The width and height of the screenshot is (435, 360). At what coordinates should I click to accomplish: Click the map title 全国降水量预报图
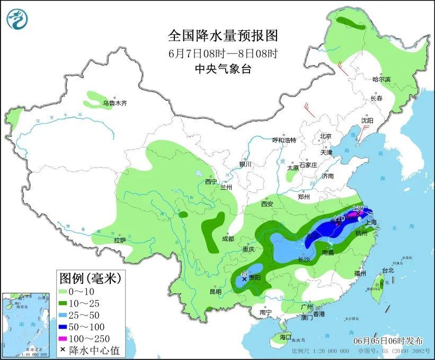pyautogui.click(x=223, y=36)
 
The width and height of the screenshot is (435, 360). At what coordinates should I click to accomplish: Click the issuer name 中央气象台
pyautogui.click(x=223, y=68)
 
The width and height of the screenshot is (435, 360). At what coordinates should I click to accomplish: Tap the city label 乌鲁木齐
pyautogui.click(x=115, y=103)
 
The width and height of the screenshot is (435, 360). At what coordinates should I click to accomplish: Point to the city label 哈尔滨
pyautogui.click(x=381, y=79)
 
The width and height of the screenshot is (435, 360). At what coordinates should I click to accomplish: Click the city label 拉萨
pyautogui.click(x=119, y=240)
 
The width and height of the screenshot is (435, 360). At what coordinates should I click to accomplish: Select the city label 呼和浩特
pyautogui.click(x=284, y=140)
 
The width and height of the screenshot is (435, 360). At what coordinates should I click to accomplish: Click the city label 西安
pyautogui.click(x=267, y=204)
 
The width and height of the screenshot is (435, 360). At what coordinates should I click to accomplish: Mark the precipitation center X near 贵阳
pyautogui.click(x=244, y=278)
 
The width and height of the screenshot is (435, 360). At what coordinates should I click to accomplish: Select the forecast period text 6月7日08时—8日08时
pyautogui.click(x=223, y=53)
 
